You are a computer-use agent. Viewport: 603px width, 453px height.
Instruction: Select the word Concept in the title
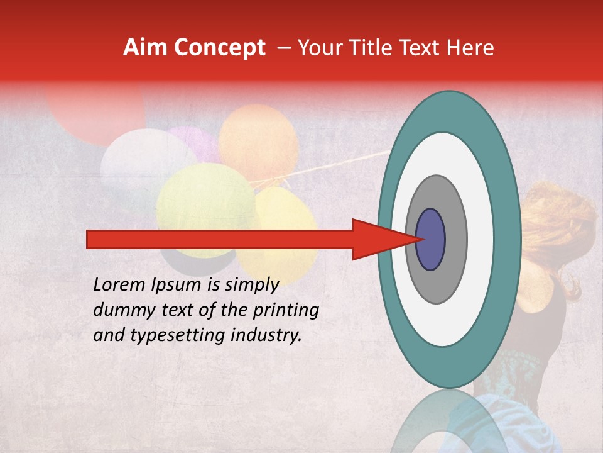tap(218, 48)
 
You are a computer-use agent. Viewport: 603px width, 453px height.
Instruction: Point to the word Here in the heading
tap(470, 48)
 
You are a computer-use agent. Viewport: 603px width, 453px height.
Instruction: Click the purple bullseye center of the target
tap(430, 239)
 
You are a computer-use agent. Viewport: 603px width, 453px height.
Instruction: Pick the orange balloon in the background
tap(258, 143)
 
